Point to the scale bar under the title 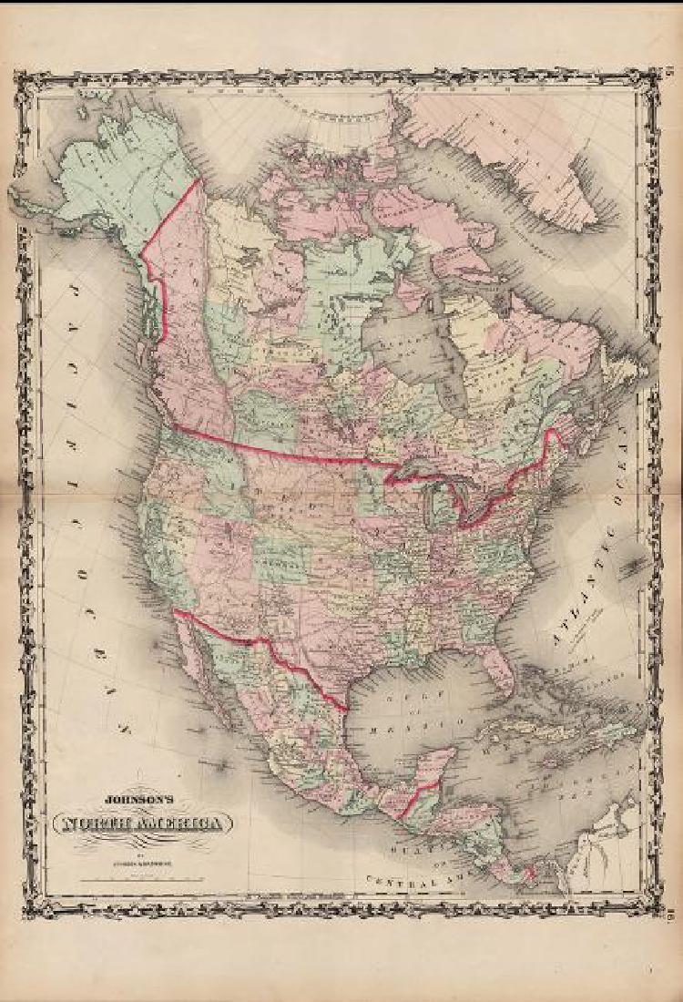point(137,879)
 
